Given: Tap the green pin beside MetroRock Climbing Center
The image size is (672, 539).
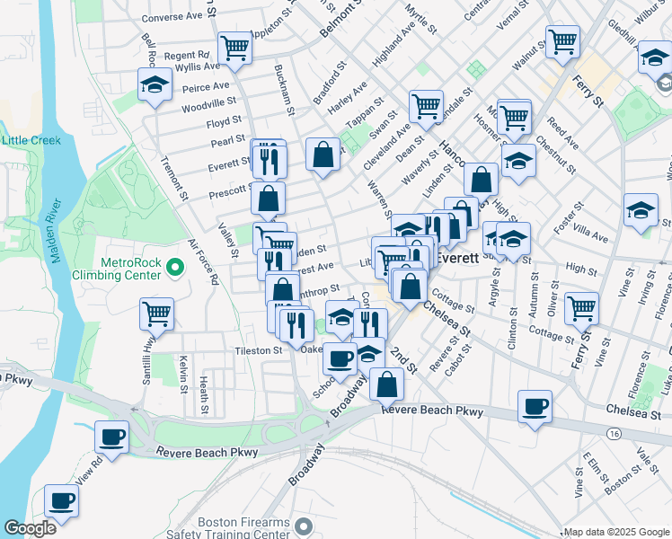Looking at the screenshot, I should [x=175, y=268].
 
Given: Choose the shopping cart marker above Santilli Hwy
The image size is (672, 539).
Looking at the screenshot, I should [x=156, y=314].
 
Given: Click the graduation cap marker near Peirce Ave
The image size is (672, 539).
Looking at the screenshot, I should [x=155, y=85].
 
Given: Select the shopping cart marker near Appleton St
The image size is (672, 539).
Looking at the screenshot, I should [x=234, y=48].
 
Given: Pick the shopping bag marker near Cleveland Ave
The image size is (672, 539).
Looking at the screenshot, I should [x=323, y=154].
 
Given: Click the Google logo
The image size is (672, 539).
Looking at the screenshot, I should [x=30, y=528].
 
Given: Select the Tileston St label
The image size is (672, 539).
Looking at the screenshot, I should [x=259, y=350].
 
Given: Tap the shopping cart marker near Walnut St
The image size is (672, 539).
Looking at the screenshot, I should [x=562, y=40].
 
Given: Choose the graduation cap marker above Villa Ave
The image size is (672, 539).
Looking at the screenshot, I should [x=641, y=211].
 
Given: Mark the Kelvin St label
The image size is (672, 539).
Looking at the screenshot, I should [x=182, y=374].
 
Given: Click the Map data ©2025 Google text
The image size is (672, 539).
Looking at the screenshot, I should [x=615, y=532].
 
